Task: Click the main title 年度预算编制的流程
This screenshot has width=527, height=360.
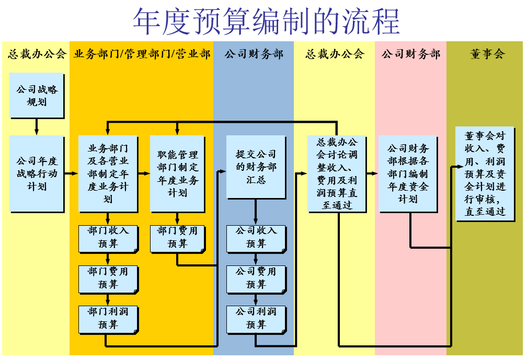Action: [x=266, y=21]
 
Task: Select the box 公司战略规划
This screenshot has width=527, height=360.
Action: [x=37, y=95]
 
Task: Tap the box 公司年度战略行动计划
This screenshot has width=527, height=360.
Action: [x=37, y=173]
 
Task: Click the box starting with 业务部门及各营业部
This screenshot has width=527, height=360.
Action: [x=108, y=173]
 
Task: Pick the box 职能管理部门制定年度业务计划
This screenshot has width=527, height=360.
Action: [x=178, y=173]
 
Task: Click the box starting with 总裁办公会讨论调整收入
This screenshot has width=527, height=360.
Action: [x=337, y=173]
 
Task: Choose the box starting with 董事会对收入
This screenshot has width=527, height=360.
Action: [x=485, y=173]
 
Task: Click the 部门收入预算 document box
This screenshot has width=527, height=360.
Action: [x=108, y=237]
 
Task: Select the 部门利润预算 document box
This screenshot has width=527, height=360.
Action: [x=108, y=318]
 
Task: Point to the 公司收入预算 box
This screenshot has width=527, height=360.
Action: [x=256, y=237]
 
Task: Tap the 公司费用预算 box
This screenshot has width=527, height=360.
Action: [x=256, y=278]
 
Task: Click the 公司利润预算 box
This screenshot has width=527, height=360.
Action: [x=256, y=318]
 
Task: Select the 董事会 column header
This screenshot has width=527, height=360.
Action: [x=487, y=54]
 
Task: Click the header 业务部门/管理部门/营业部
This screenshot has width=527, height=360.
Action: [x=142, y=54]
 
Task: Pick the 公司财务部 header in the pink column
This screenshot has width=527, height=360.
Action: [x=411, y=54]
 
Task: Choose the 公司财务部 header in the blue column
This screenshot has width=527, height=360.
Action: [x=254, y=54]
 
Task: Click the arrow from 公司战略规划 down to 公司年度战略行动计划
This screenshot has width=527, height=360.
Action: [x=37, y=126]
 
